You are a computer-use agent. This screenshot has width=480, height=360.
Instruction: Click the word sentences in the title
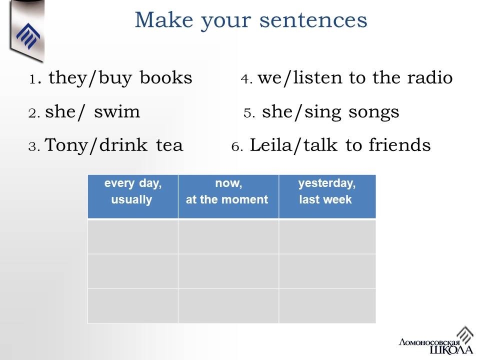pos(313,20)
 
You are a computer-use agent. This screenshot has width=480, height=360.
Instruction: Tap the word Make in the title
pos(164,20)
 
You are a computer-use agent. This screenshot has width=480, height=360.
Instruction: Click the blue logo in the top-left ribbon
pos(28,36)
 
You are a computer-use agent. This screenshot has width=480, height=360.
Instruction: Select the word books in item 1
pos(166,77)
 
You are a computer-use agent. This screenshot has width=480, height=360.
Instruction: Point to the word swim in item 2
pos(117,111)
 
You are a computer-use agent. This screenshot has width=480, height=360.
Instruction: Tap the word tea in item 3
pos(169,145)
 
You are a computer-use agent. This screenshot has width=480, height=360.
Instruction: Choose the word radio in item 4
pos(429,77)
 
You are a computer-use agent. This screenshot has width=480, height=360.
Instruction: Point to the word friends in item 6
pos(399,145)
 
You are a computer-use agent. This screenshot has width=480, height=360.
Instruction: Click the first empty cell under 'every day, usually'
pos(133,236)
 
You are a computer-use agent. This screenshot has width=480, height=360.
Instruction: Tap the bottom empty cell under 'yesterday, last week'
pos(327,306)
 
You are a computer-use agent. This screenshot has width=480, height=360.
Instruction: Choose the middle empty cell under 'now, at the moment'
pos(228,271)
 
